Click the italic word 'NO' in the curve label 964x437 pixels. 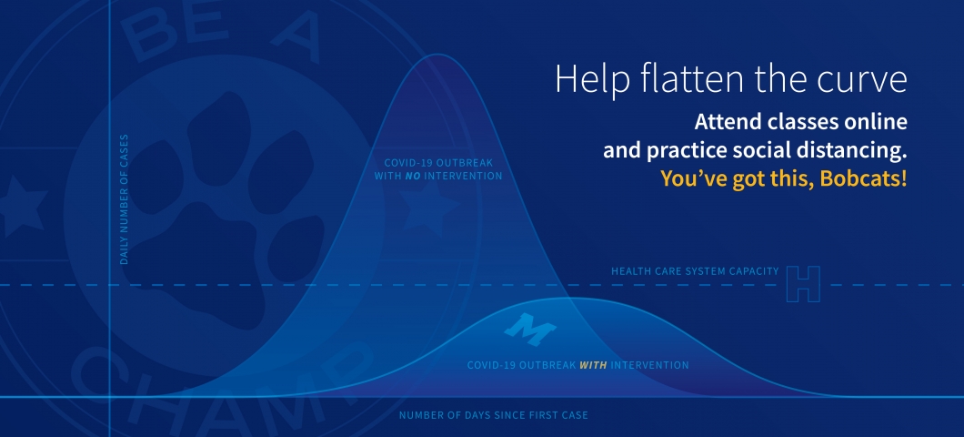[413, 176]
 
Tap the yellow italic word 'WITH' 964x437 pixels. [593, 365]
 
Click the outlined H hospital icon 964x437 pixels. [804, 284]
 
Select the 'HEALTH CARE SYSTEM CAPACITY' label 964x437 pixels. [695, 270]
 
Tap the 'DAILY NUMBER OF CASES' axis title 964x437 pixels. [125, 199]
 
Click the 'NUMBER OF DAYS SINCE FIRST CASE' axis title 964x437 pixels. [493, 415]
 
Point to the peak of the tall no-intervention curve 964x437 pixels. [437, 55]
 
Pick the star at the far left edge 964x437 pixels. [21, 206]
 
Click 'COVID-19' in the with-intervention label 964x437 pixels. [491, 365]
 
